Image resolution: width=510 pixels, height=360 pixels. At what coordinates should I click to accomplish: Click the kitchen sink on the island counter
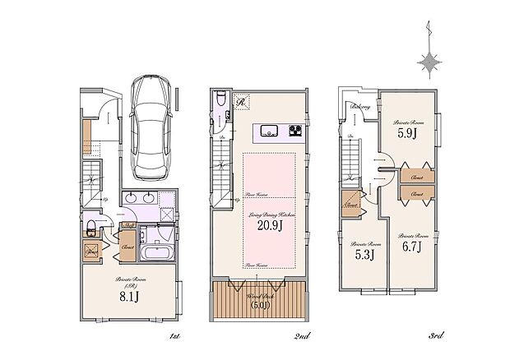coord(268,131)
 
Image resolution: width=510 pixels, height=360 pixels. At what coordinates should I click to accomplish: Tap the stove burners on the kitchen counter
coord(295,131)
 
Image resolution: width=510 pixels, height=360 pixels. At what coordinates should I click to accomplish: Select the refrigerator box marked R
coord(242,101)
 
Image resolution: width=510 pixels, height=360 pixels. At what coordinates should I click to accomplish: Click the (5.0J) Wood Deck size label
coord(258,307)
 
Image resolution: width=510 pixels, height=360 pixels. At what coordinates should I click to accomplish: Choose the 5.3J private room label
coord(364,254)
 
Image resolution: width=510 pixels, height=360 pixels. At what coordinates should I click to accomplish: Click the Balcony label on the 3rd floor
coord(359,107)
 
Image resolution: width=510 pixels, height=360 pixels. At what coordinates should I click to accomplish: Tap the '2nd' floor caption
coord(301,335)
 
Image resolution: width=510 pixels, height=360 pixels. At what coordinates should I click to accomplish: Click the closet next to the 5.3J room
coord(351,203)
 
